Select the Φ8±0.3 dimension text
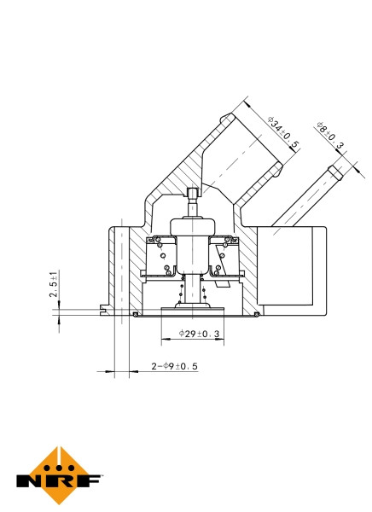[330, 137]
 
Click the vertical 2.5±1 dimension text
[54, 284]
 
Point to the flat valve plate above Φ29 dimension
[194, 309]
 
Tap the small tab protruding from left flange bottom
[104, 309]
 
